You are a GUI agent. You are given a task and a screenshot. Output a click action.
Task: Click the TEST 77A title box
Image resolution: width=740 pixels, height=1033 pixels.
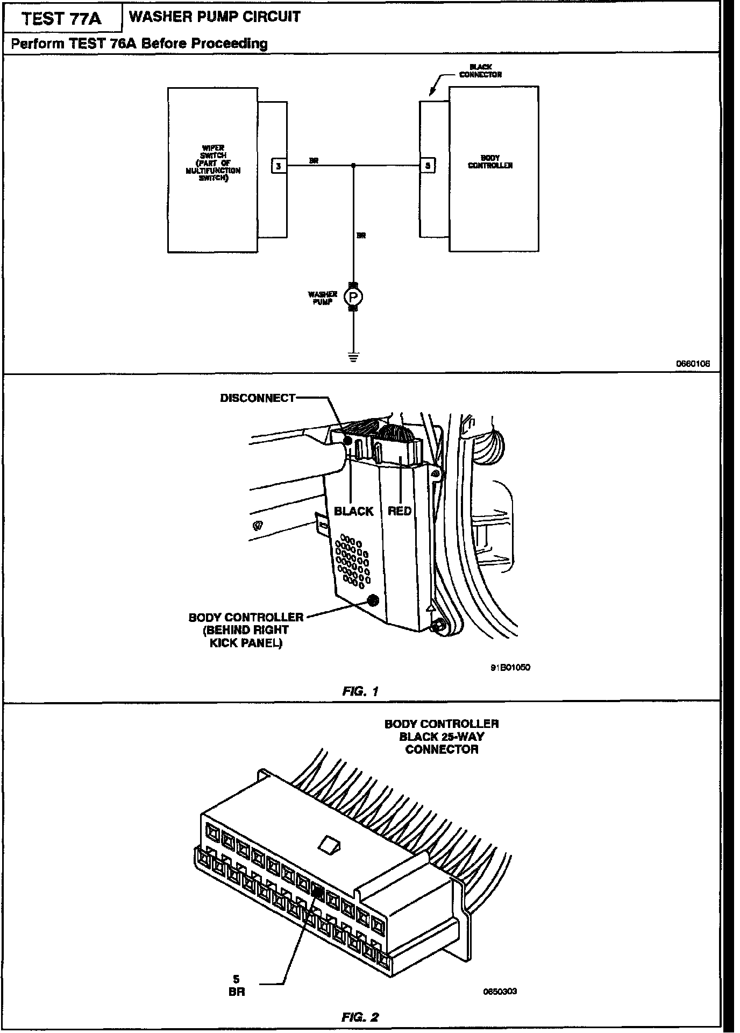tap(61, 19)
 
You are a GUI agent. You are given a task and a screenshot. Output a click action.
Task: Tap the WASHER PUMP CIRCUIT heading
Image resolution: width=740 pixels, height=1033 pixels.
tap(215, 17)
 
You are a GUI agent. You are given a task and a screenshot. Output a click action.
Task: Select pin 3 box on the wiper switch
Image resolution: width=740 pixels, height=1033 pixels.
tap(278, 166)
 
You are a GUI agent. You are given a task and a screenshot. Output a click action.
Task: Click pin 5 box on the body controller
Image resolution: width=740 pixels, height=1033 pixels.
tap(427, 166)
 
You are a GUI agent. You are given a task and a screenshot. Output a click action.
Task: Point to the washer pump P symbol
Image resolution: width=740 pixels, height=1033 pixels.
tap(353, 296)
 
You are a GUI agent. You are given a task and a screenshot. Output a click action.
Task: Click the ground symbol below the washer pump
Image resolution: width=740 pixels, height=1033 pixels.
tap(353, 356)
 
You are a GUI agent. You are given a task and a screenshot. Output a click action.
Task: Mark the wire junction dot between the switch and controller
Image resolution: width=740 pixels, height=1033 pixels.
tap(353, 166)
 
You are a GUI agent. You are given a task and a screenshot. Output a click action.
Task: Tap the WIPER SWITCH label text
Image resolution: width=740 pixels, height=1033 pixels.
tap(212, 163)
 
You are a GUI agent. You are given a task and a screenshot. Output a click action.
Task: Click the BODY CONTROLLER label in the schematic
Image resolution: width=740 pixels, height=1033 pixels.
tap(490, 162)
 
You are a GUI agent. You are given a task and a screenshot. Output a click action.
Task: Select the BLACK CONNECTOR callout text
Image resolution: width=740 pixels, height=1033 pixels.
tap(480, 71)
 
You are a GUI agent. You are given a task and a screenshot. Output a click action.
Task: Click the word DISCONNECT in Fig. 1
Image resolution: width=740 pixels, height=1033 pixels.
tap(258, 398)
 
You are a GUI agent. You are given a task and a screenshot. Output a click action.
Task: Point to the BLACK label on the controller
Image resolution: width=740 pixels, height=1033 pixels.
tap(353, 511)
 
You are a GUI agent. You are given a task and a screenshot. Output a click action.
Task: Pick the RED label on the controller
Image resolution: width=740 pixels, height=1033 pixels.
tap(400, 511)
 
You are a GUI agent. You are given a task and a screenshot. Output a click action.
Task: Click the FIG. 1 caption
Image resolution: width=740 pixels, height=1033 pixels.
tap(360, 691)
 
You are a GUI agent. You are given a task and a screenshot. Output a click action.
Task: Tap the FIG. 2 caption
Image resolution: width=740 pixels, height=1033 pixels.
tap(360, 1017)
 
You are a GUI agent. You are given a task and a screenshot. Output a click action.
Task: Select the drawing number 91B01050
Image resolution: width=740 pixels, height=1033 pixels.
tap(510, 667)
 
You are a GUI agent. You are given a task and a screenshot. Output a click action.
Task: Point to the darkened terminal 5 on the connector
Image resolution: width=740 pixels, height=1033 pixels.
tap(317, 892)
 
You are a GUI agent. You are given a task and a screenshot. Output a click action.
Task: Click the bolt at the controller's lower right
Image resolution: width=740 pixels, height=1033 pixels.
tap(438, 625)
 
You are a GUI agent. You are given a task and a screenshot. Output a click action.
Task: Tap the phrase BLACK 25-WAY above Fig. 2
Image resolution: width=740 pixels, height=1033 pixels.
tap(442, 737)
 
